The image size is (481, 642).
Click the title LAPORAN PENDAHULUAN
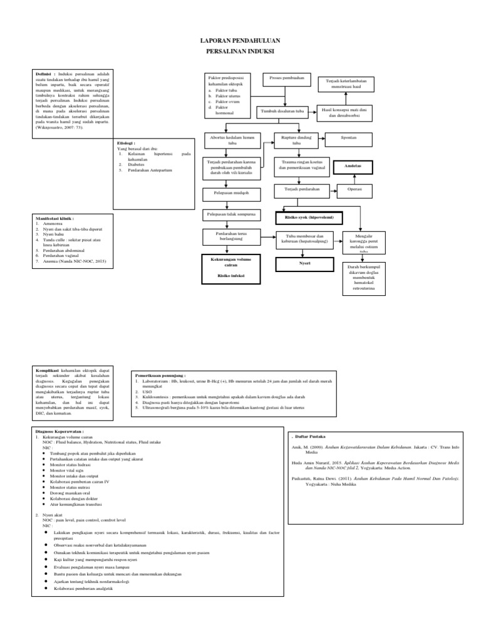240,39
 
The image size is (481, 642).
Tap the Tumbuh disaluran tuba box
282,111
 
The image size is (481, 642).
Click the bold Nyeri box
304,263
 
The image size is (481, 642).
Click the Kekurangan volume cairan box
230,263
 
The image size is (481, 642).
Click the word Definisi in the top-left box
44,73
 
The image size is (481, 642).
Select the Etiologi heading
127,144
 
